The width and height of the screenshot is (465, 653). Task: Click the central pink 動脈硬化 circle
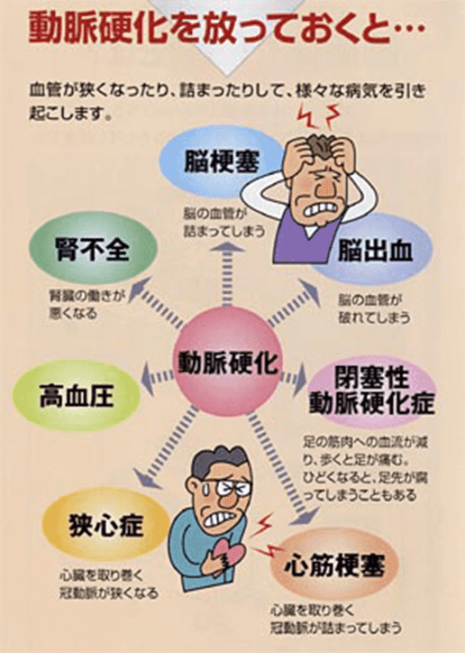tap(227, 362)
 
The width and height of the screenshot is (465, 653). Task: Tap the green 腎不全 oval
tap(93, 248)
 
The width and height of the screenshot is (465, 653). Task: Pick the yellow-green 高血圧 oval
tap(77, 395)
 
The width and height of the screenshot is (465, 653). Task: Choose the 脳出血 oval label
tap(374, 250)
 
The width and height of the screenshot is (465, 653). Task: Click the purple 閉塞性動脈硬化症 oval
tap(371, 391)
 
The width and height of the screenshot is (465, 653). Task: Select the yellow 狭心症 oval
tap(106, 525)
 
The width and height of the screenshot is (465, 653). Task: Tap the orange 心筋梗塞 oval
tap(335, 565)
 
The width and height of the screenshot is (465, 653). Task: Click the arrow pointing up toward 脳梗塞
tap(227, 274)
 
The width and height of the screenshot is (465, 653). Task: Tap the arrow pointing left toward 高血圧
tap(157, 378)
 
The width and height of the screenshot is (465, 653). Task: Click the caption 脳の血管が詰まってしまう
tap(223, 223)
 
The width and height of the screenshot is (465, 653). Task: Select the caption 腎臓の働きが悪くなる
tap(87, 304)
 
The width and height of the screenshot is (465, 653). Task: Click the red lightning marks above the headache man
tap(319, 115)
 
